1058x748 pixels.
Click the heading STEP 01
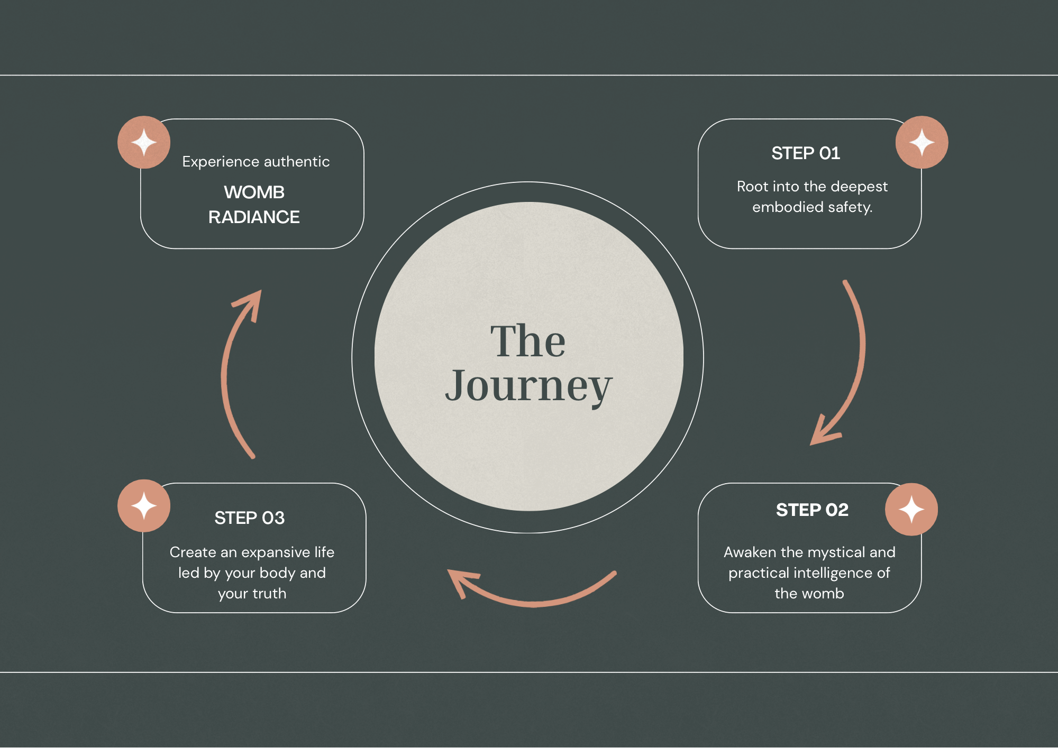[805, 153]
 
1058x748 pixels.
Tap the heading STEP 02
[812, 510]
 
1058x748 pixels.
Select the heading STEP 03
[249, 518]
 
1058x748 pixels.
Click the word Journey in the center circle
[528, 386]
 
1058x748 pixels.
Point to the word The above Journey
[528, 341]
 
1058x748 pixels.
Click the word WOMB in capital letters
[254, 192]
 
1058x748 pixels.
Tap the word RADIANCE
[254, 217]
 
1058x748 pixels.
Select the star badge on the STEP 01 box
[922, 142]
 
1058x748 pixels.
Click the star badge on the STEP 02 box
[911, 510]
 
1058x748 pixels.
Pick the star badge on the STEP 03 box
[144, 506]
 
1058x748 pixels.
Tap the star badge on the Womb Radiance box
[144, 142]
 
